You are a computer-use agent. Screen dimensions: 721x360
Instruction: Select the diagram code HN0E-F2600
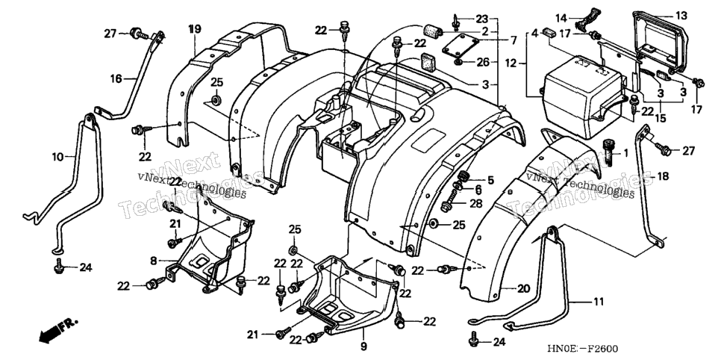pyautogui.click(x=581, y=349)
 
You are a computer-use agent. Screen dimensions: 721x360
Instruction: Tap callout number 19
pyautogui.click(x=195, y=29)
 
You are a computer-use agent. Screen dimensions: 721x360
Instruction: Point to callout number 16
pyautogui.click(x=116, y=79)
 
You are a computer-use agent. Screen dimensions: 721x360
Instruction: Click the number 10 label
pyautogui.click(x=57, y=157)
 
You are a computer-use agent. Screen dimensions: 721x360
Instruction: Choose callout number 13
pyautogui.click(x=681, y=16)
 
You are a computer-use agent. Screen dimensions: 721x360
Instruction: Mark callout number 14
pyautogui.click(x=561, y=19)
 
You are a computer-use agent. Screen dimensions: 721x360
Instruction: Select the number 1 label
pyautogui.click(x=625, y=152)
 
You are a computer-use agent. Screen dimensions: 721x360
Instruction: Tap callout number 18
pyautogui.click(x=663, y=176)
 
